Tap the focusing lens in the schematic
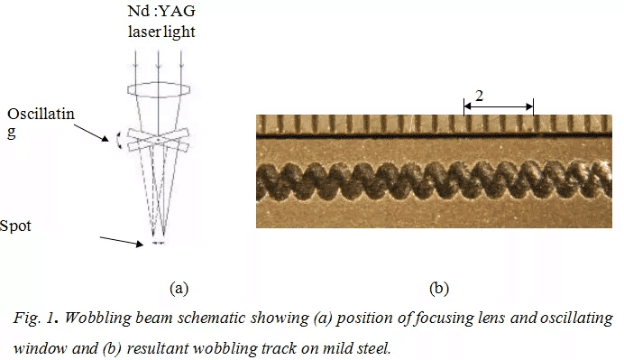[158, 91]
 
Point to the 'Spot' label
[16, 226]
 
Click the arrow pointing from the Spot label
[121, 239]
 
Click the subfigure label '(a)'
[179, 289]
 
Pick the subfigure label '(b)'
[438, 289]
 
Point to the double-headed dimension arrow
[498, 106]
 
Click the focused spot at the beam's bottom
[158, 243]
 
